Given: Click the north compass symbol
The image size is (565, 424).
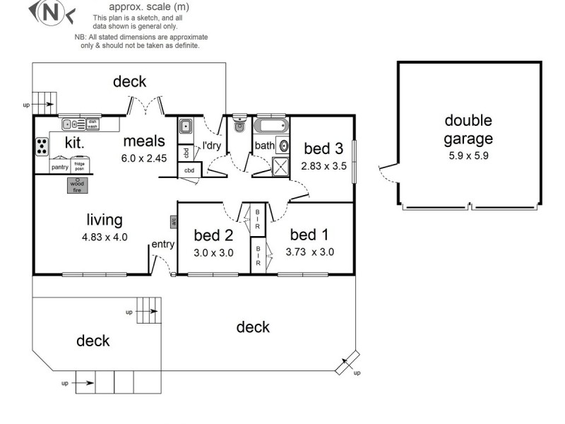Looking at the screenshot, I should click(49, 11).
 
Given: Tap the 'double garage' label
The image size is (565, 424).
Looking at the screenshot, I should click(468, 129).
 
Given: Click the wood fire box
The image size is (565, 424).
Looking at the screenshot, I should click(76, 185).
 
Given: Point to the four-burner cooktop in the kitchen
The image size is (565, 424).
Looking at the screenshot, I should click(42, 146).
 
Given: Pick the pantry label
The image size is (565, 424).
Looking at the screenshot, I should click(59, 167).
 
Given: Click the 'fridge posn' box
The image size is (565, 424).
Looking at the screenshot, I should click(80, 166).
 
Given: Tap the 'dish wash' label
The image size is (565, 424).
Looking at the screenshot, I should click(92, 124).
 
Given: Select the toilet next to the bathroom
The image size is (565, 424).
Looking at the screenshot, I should click(239, 124).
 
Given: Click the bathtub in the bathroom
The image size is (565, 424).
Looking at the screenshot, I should click(271, 127).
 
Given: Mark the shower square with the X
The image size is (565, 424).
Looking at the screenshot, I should click(281, 167).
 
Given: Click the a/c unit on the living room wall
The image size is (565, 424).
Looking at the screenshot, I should click(173, 222).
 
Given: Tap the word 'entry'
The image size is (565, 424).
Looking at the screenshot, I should click(162, 245).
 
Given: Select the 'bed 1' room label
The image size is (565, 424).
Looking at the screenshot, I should click(309, 234).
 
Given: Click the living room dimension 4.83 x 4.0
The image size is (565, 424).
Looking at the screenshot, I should click(105, 237).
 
